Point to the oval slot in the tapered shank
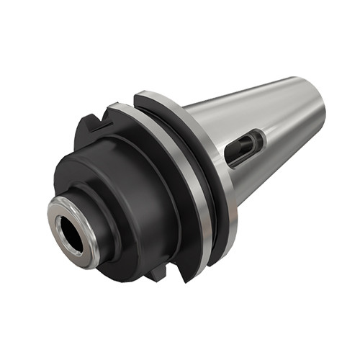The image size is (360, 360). tap(243, 147)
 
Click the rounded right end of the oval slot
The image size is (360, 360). tap(259, 137)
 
